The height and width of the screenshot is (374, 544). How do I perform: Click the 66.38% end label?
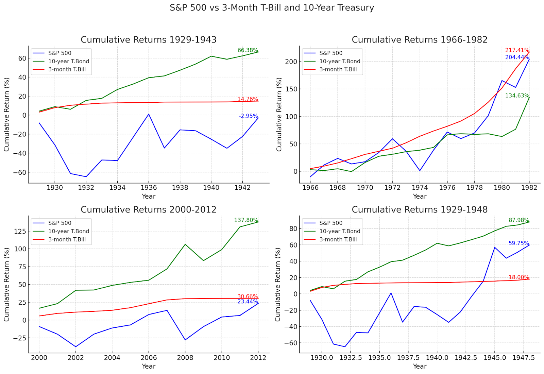click(248, 50)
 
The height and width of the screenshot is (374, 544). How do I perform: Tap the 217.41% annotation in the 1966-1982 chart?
click(517, 50)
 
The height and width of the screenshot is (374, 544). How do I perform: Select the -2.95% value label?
click(248, 116)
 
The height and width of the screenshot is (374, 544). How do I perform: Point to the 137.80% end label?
click(246, 220)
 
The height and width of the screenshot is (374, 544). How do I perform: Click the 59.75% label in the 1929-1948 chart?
click(518, 243)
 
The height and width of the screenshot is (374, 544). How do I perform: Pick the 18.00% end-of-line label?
click(518, 277)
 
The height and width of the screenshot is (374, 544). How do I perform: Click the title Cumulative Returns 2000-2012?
click(149, 209)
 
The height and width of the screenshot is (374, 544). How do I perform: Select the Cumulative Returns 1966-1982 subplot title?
click(420, 40)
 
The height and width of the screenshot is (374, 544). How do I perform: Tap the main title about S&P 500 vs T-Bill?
click(272, 8)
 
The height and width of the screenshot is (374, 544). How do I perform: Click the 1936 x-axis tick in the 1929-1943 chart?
click(149, 188)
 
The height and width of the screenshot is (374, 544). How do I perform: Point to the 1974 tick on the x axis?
click(420, 188)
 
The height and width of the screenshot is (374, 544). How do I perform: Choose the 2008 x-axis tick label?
click(185, 358)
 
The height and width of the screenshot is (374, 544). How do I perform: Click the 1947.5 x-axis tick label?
click(523, 358)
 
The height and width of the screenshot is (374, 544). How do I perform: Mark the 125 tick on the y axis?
click(20, 231)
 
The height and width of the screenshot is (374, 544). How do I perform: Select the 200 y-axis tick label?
click(291, 62)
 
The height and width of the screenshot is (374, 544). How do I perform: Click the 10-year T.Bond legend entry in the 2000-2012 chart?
click(68, 231)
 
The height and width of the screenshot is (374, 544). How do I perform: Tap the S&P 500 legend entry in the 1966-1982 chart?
click(331, 53)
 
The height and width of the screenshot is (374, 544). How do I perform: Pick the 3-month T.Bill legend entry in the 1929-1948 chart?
click(338, 239)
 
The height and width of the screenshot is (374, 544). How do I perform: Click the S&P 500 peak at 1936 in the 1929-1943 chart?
click(149, 114)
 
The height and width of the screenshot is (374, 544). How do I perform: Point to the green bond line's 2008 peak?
click(185, 244)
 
